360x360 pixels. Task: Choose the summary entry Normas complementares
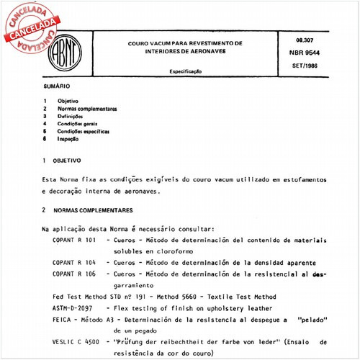(88, 108)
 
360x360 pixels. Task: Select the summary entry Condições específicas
(84, 132)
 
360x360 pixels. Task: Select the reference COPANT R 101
(75, 239)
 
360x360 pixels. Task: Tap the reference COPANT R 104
(75, 264)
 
